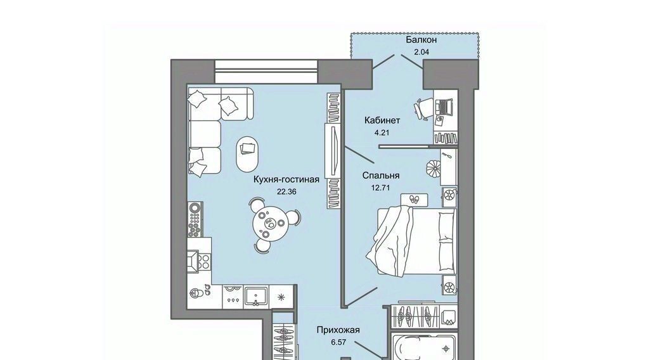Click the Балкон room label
coord(421,40)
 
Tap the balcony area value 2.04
coord(421,52)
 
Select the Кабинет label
coord(382,120)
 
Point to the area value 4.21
coord(382,133)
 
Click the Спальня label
coord(381,176)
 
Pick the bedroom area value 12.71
coord(381,188)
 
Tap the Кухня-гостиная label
coord(286,179)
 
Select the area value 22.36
coord(287,191)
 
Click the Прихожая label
coord(338,330)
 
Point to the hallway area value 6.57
coord(338,343)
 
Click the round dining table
coord(269,224)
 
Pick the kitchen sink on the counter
coord(256,297)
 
